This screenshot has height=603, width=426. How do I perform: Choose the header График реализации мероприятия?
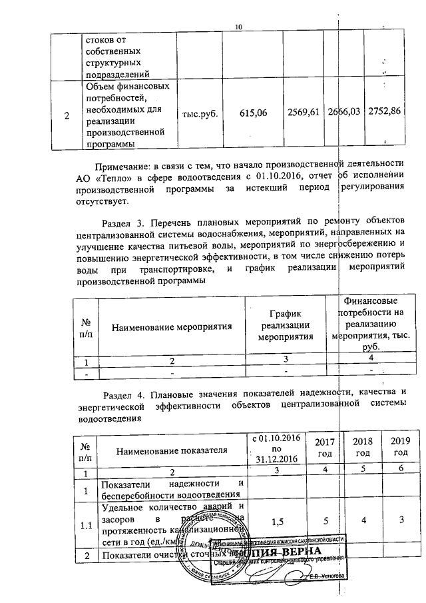(x=286, y=325)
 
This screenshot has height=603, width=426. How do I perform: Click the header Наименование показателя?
(x=172, y=452)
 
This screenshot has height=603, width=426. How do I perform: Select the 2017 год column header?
(x=323, y=447)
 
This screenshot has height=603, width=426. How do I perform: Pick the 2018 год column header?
(x=362, y=447)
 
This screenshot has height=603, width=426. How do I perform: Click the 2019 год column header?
(x=400, y=447)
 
